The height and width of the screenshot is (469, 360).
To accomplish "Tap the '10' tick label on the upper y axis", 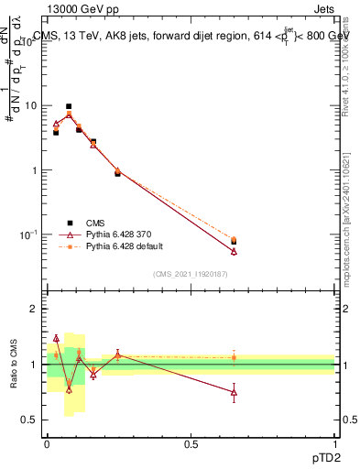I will pos(30,105).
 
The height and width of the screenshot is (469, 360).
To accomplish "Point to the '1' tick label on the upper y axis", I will pos(33,170).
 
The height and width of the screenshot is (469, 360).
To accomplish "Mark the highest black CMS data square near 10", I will pos(69,106).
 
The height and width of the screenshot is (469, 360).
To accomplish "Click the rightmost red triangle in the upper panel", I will pos(234,251).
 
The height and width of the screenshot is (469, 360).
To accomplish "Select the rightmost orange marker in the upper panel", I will pos(234,240).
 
